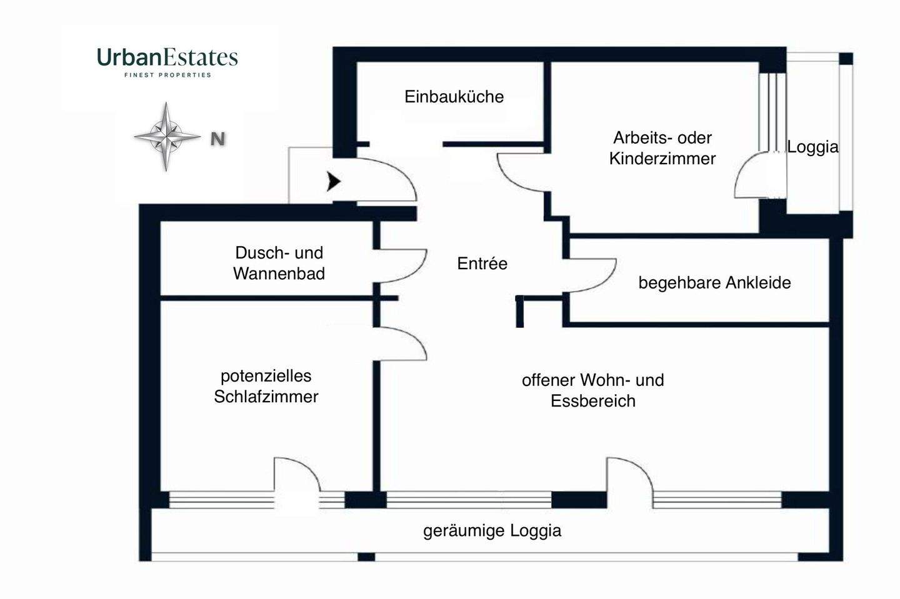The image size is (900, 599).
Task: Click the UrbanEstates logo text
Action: (x=167, y=57)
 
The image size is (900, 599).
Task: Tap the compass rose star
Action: (x=166, y=137)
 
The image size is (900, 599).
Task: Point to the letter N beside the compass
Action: (x=217, y=139)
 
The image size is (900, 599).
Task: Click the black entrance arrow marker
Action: (x=334, y=182)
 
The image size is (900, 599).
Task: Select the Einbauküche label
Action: (x=454, y=97)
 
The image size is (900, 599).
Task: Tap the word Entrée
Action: (x=482, y=264)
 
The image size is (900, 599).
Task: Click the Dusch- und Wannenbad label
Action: (x=279, y=263)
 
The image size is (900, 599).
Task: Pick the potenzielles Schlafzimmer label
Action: (x=266, y=386)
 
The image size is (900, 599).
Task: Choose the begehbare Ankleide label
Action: (x=714, y=283)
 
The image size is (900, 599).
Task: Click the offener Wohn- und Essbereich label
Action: (x=593, y=390)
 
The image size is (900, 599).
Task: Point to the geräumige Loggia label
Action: (x=492, y=531)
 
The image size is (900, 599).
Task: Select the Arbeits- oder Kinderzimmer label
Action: (x=662, y=148)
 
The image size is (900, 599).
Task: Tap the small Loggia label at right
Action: (x=812, y=147)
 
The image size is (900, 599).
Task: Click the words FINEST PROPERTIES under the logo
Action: (x=167, y=75)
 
